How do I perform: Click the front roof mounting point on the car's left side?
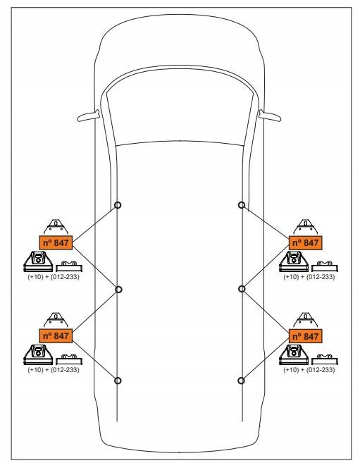pos(118,205)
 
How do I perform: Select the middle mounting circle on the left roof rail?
pos(118,290)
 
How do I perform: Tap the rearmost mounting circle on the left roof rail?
pos(118,381)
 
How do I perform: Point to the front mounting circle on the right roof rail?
pos(242,205)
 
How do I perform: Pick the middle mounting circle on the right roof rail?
pos(242,289)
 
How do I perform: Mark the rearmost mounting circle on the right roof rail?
pos(241,380)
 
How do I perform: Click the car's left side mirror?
pos(88,116)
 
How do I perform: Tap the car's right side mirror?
pos(270,116)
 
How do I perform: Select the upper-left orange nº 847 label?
pos(56,242)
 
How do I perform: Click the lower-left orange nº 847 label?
pos(56,335)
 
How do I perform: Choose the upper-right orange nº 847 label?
pos(306,242)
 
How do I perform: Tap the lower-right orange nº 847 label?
pos(306,336)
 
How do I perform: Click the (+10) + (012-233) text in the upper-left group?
pos(54,277)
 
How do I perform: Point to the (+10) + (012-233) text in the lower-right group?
pos(309,370)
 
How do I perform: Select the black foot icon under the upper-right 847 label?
pos(293,261)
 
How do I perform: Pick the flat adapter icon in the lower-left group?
pos(69,359)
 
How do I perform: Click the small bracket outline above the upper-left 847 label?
pos(56,227)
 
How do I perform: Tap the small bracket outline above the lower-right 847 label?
pos(306,320)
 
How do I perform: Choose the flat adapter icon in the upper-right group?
pos(325,266)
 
